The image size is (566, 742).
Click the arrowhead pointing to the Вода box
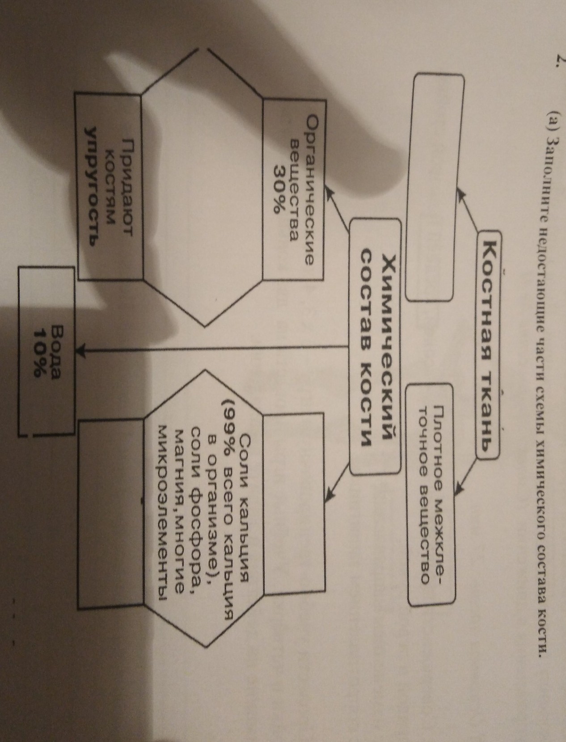pyautogui.click(x=82, y=349)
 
